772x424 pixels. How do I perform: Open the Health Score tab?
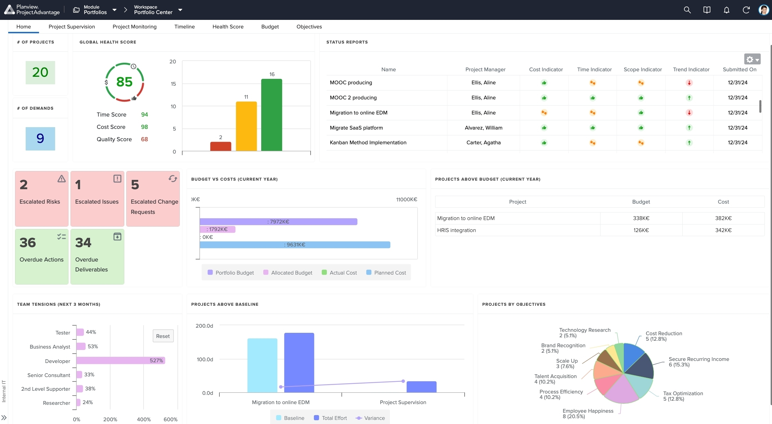click(228, 27)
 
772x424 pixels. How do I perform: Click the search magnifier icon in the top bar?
click(687, 10)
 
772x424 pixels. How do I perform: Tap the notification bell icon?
click(726, 10)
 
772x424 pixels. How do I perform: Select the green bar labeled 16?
click(271, 115)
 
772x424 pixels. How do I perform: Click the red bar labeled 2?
click(220, 146)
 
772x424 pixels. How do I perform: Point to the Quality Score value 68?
click(144, 140)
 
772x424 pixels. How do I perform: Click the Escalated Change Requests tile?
click(153, 199)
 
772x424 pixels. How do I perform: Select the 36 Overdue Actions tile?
click(41, 256)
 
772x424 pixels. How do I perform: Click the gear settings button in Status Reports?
click(752, 59)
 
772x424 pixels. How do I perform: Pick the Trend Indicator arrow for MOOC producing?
click(689, 83)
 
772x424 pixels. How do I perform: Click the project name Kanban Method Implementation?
click(368, 143)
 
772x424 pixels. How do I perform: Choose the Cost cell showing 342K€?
click(723, 230)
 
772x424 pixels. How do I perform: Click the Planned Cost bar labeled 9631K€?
click(294, 245)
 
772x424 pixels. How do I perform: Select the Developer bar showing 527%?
click(121, 361)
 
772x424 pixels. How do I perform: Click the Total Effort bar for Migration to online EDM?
click(299, 362)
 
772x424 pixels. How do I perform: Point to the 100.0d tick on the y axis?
click(205, 360)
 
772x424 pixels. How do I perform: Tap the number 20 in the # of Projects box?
click(40, 72)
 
